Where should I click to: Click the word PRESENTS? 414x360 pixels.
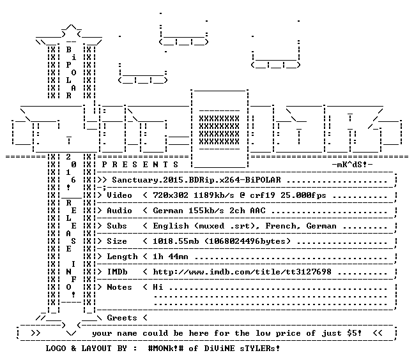[x=140, y=165]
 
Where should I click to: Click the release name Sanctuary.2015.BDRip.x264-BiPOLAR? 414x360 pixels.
[x=196, y=180]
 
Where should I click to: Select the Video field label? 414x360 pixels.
[x=119, y=195]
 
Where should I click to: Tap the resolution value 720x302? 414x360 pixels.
[x=171, y=195]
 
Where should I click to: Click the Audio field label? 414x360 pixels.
[x=119, y=211]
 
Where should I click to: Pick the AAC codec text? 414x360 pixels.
[x=257, y=211]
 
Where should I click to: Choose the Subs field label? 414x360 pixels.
[x=117, y=226]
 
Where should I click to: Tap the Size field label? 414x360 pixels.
[x=117, y=241]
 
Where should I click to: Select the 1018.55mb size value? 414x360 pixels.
[x=176, y=241]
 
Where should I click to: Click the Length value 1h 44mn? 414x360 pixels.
[x=171, y=257]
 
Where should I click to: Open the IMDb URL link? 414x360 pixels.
[x=242, y=272]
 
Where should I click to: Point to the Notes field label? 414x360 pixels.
[x=119, y=287]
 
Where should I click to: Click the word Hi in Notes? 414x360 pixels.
[x=158, y=287]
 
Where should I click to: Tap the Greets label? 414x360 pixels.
[x=122, y=317]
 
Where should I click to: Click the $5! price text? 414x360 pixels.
[x=355, y=333]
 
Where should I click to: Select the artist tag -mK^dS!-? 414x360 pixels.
[x=352, y=165]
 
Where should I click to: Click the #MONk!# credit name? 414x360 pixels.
[x=165, y=349]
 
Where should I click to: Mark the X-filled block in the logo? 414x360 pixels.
[x=219, y=130]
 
